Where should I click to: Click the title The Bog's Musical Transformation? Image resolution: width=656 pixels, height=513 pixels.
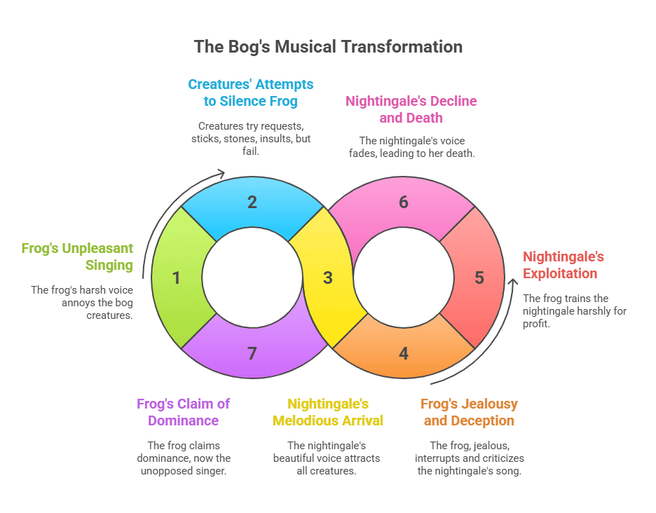[x=328, y=47]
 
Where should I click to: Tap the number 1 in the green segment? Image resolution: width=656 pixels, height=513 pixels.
[x=176, y=278]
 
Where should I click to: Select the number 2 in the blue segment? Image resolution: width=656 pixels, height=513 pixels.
[x=252, y=203]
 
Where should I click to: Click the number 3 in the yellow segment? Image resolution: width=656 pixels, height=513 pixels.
[x=327, y=278]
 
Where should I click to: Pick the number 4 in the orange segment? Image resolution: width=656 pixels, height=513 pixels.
[x=403, y=353]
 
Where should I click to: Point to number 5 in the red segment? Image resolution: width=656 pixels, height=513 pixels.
[x=479, y=278]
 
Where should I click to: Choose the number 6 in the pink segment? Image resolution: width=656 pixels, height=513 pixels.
[x=403, y=203]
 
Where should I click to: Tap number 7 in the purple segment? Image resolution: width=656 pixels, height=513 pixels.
[x=252, y=353]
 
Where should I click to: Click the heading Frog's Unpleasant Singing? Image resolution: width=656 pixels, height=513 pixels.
[x=77, y=256]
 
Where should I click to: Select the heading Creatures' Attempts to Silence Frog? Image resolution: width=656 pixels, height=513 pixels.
[x=251, y=93]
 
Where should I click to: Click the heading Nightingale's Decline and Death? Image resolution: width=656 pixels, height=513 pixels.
[x=411, y=109]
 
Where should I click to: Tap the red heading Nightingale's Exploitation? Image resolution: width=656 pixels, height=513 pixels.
[x=563, y=264]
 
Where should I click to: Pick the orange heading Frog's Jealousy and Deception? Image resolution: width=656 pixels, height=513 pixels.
[x=469, y=412]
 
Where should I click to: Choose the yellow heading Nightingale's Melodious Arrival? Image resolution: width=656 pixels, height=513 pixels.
[x=328, y=412]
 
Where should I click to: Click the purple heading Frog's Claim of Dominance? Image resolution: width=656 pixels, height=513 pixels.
[x=183, y=412]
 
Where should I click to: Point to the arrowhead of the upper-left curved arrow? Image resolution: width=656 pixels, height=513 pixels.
[x=221, y=174]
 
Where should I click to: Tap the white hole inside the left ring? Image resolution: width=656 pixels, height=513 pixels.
[x=252, y=278]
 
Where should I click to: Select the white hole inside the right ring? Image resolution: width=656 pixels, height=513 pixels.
[x=403, y=278]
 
